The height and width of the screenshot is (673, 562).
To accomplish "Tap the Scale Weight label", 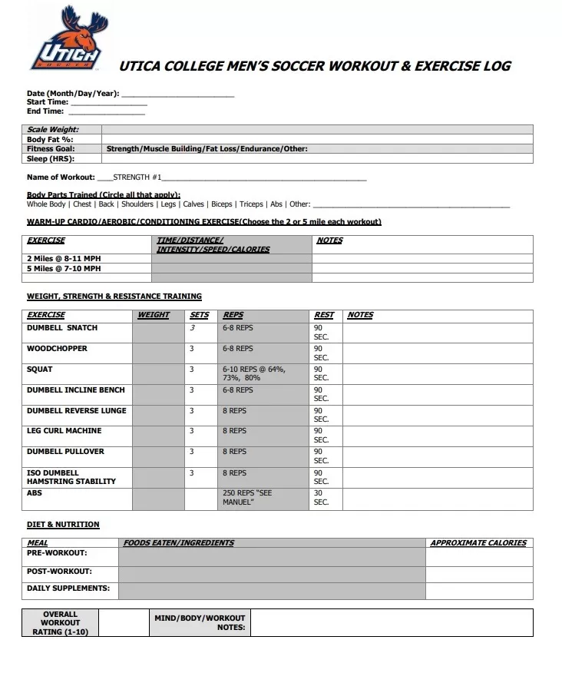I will coord(53,130).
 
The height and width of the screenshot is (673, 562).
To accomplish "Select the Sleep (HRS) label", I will coord(48,159).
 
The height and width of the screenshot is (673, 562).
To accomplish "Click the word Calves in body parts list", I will coord(193,204).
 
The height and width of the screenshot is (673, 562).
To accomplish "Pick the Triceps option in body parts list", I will coord(251,204).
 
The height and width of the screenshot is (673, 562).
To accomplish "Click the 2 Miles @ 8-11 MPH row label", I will coord(64,259).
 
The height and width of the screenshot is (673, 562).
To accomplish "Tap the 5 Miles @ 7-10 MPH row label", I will coord(64,269).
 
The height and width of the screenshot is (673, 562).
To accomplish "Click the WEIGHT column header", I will coord(154,315).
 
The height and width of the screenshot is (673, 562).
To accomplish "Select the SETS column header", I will coord(199,315).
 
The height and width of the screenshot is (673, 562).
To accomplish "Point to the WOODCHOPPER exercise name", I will coord(57,349).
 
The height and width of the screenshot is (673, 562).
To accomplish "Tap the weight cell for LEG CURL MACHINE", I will coord(158,436).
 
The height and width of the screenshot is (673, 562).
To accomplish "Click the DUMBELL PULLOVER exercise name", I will coord(65,452).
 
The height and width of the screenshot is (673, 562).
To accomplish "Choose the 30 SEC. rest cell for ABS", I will coord(322,498).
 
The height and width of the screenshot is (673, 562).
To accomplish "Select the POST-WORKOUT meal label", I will coord(59,572).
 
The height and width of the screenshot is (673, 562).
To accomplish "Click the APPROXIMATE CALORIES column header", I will coord(478,543).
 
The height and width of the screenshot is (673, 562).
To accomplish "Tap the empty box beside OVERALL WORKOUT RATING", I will coord(122,623).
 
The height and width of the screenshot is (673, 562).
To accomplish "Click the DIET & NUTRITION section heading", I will coord(63,525).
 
